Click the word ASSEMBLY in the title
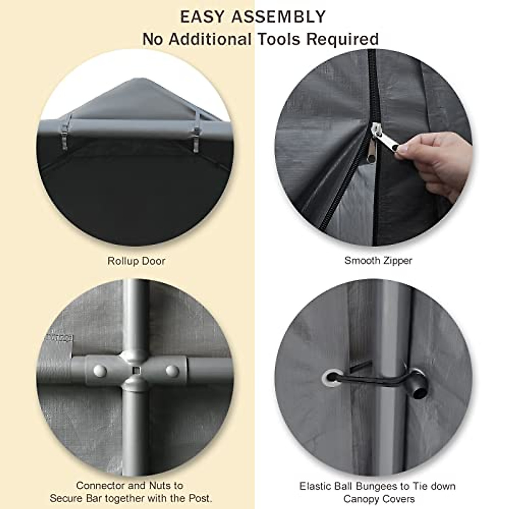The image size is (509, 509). [x=279, y=17]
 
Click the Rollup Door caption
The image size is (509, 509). [x=136, y=261]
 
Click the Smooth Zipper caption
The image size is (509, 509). [x=378, y=260]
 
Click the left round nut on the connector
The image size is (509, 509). [x=99, y=370]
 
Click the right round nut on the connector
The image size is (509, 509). [x=172, y=370]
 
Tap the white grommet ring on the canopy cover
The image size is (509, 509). [x=331, y=377]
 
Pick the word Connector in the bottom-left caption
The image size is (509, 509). [x=100, y=485]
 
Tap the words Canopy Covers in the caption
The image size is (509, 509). [x=378, y=499]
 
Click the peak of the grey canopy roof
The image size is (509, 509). [x=135, y=81]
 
